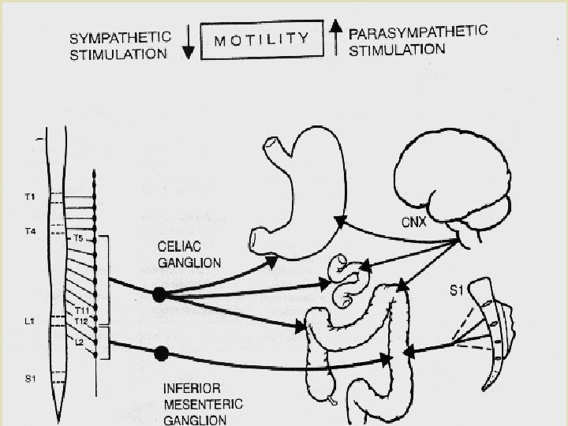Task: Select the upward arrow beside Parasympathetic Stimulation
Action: pos(335,39)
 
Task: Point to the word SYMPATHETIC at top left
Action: pos(120,36)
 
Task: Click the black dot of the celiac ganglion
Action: pos(159,294)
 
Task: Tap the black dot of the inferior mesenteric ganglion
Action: pos(163,352)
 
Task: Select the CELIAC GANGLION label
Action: pos(189,253)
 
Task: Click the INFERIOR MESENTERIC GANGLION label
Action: pos(203,403)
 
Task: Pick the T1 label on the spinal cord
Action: pos(30,196)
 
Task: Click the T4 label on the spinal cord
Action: pos(30,232)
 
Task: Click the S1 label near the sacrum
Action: pos(456,291)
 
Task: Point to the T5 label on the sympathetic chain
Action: pos(78,237)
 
